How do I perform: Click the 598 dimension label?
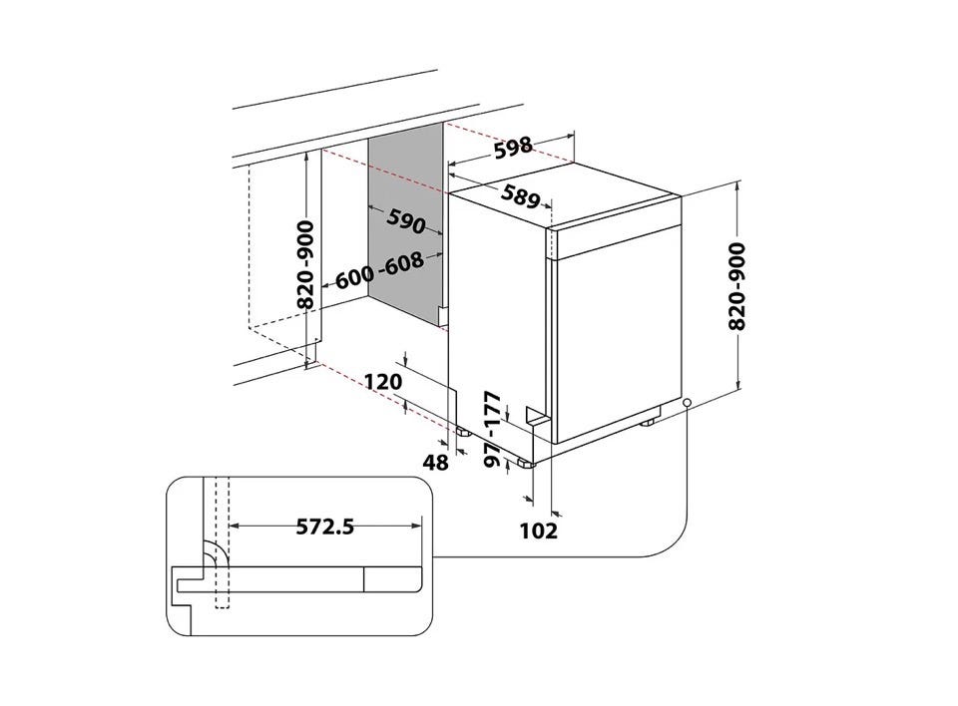(x=513, y=149)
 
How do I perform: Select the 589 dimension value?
(x=521, y=195)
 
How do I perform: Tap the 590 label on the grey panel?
(x=406, y=220)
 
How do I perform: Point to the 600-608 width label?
(x=379, y=271)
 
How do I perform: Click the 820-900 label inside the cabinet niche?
(x=305, y=264)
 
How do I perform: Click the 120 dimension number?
(x=383, y=382)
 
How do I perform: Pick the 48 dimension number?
(x=436, y=463)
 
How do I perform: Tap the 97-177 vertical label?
(x=492, y=430)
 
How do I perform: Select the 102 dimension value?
(x=539, y=530)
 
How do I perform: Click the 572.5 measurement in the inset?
(x=325, y=526)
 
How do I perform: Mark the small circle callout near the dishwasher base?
(x=688, y=404)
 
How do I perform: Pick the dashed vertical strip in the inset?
(x=222, y=542)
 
